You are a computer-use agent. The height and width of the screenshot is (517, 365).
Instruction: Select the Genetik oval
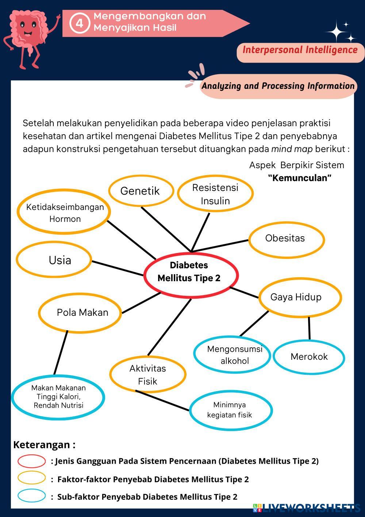(140, 190)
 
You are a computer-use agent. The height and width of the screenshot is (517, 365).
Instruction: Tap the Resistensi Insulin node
(215, 194)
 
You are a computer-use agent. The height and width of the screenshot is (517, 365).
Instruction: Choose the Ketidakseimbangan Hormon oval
(64, 212)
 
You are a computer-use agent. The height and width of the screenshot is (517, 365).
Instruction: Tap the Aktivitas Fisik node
(147, 374)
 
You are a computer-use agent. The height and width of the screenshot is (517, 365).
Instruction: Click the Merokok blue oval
(309, 356)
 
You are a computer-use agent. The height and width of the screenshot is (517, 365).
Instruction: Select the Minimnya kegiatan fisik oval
(230, 410)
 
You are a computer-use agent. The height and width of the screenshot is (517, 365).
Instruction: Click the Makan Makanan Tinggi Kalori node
(58, 396)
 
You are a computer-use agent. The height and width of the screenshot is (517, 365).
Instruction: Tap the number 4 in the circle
(80, 23)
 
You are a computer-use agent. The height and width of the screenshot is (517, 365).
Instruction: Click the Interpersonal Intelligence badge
(300, 50)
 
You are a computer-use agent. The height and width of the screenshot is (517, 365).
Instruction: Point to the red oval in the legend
(31, 461)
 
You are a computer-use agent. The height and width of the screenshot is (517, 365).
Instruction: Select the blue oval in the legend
(31, 496)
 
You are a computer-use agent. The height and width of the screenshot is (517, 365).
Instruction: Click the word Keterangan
(41, 445)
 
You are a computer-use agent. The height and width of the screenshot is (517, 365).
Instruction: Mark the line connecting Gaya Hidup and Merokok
(309, 328)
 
